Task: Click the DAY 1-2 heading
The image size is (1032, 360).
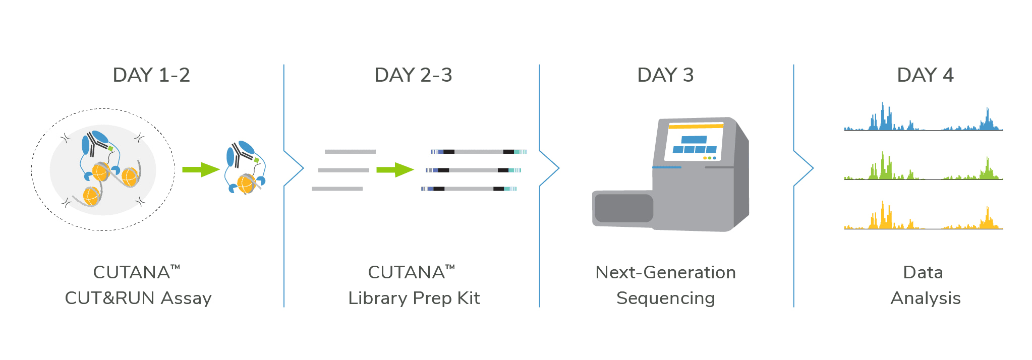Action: (x=151, y=75)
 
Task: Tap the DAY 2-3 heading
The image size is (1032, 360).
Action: (x=413, y=75)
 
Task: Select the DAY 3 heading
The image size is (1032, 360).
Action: (x=665, y=75)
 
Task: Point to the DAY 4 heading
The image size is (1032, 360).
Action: (x=925, y=75)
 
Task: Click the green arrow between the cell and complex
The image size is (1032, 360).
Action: (x=201, y=169)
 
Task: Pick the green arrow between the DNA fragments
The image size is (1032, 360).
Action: (x=395, y=170)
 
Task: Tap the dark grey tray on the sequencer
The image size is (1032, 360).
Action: (x=624, y=208)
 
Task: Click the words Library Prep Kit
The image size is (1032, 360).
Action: (x=414, y=298)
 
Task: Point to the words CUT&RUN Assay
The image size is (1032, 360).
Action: (x=138, y=298)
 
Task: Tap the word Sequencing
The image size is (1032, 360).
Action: (x=666, y=298)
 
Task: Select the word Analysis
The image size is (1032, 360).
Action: (x=926, y=298)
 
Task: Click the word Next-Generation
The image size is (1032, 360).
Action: (x=665, y=272)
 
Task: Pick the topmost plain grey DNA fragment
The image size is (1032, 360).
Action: (x=350, y=152)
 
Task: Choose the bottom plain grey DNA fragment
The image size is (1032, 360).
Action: (x=337, y=189)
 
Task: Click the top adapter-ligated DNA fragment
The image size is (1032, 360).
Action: (x=479, y=152)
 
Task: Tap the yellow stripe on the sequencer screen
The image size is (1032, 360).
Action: (x=696, y=126)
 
